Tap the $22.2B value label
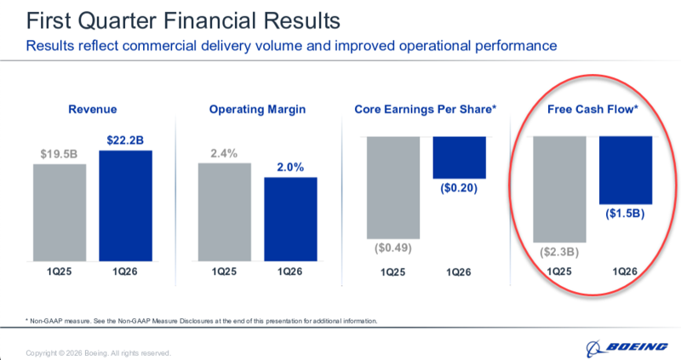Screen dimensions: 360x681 click(125, 140)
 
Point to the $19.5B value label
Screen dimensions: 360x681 click(60, 154)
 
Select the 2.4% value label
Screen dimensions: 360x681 click(225, 153)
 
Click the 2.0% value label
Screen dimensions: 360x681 click(290, 168)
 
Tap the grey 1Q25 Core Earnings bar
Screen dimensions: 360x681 click(392, 187)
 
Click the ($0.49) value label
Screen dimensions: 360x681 click(392, 249)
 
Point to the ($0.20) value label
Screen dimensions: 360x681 click(459, 188)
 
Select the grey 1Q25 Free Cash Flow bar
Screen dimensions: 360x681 click(558, 189)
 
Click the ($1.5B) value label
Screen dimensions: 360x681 click(625, 214)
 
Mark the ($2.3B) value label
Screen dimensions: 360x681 click(558, 253)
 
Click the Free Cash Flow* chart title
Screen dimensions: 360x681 click(592, 110)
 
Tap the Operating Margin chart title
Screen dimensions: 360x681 click(257, 110)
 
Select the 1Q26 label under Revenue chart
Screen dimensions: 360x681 click(125, 272)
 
